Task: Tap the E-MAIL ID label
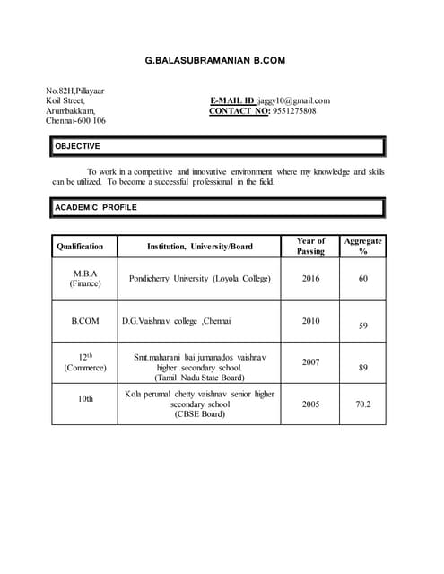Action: (x=231, y=100)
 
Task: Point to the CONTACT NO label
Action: (x=239, y=111)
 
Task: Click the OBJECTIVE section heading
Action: (x=78, y=146)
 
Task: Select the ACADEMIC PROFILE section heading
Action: (x=96, y=207)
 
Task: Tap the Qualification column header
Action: (x=80, y=247)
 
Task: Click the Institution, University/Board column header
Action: (x=200, y=247)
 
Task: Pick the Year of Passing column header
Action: (x=310, y=246)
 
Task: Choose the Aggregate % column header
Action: (x=362, y=246)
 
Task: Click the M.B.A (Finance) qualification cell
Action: (x=85, y=278)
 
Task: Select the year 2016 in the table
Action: (x=310, y=279)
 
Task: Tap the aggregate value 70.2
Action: (x=362, y=404)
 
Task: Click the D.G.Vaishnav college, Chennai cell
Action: (x=177, y=320)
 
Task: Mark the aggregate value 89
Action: (x=362, y=367)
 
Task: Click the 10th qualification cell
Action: (x=85, y=398)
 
